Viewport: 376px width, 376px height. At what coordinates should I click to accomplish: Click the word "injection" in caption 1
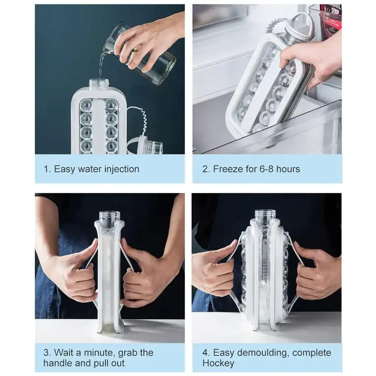[x=122, y=169]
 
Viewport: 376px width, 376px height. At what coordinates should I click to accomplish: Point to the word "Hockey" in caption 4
[x=218, y=363]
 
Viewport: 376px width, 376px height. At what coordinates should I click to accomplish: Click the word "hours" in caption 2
[x=288, y=169]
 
